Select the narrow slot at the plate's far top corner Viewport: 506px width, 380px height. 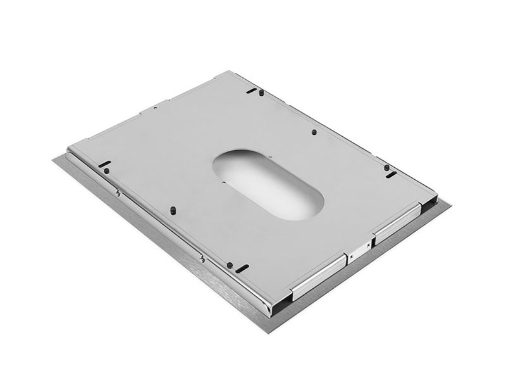252,91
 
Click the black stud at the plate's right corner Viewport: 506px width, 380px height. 386,167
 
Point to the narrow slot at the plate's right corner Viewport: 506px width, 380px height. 392,174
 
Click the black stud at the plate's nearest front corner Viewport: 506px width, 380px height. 230,265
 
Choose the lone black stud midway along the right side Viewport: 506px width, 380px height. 314,132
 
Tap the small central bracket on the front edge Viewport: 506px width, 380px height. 357,248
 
